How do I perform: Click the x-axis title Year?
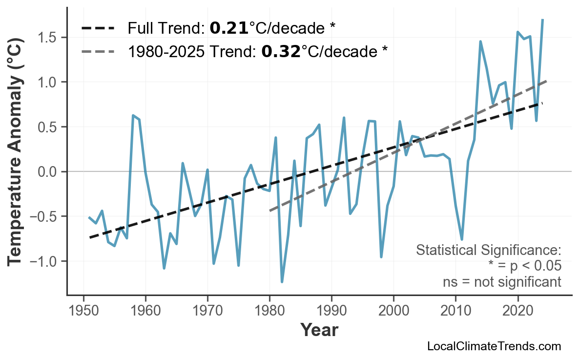319,330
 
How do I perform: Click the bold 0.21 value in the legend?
228,28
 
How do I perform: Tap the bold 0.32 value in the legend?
281,51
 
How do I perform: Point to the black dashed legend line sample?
98,28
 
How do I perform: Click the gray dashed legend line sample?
98,51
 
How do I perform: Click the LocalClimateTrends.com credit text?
494,346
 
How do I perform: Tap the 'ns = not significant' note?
502,282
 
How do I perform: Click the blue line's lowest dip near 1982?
282,282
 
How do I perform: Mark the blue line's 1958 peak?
133,115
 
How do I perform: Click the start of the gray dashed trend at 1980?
270,211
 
